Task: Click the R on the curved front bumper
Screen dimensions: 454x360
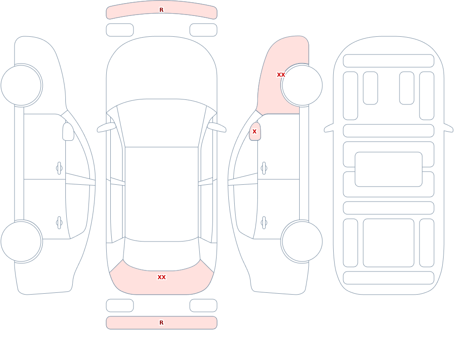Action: (x=162, y=10)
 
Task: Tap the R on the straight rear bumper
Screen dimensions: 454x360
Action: (x=162, y=323)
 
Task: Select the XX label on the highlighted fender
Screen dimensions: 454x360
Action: (x=281, y=75)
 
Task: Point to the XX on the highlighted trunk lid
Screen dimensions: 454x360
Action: (x=162, y=277)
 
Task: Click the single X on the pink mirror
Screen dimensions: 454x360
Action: (x=255, y=132)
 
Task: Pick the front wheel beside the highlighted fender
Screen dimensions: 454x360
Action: (x=302, y=85)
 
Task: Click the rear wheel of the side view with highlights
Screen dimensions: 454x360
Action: (x=302, y=242)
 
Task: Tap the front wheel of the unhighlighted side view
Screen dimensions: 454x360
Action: (x=21, y=85)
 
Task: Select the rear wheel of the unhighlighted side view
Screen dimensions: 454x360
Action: (x=21, y=242)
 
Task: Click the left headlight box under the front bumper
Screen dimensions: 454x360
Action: (x=120, y=30)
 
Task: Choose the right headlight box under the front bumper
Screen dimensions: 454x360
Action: (x=203, y=30)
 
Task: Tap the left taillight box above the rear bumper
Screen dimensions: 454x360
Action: (x=120, y=306)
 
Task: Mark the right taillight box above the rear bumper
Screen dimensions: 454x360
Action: (x=203, y=306)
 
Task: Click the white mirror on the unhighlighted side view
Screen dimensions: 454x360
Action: (x=69, y=132)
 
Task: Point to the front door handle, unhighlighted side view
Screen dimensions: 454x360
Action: (x=59, y=168)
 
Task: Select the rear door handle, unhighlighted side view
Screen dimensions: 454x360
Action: (x=59, y=223)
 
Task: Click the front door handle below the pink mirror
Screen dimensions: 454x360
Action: (x=264, y=168)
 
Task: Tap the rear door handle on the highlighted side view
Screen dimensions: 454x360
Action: (x=264, y=223)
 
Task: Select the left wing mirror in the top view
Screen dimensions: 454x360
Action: (x=106, y=127)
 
